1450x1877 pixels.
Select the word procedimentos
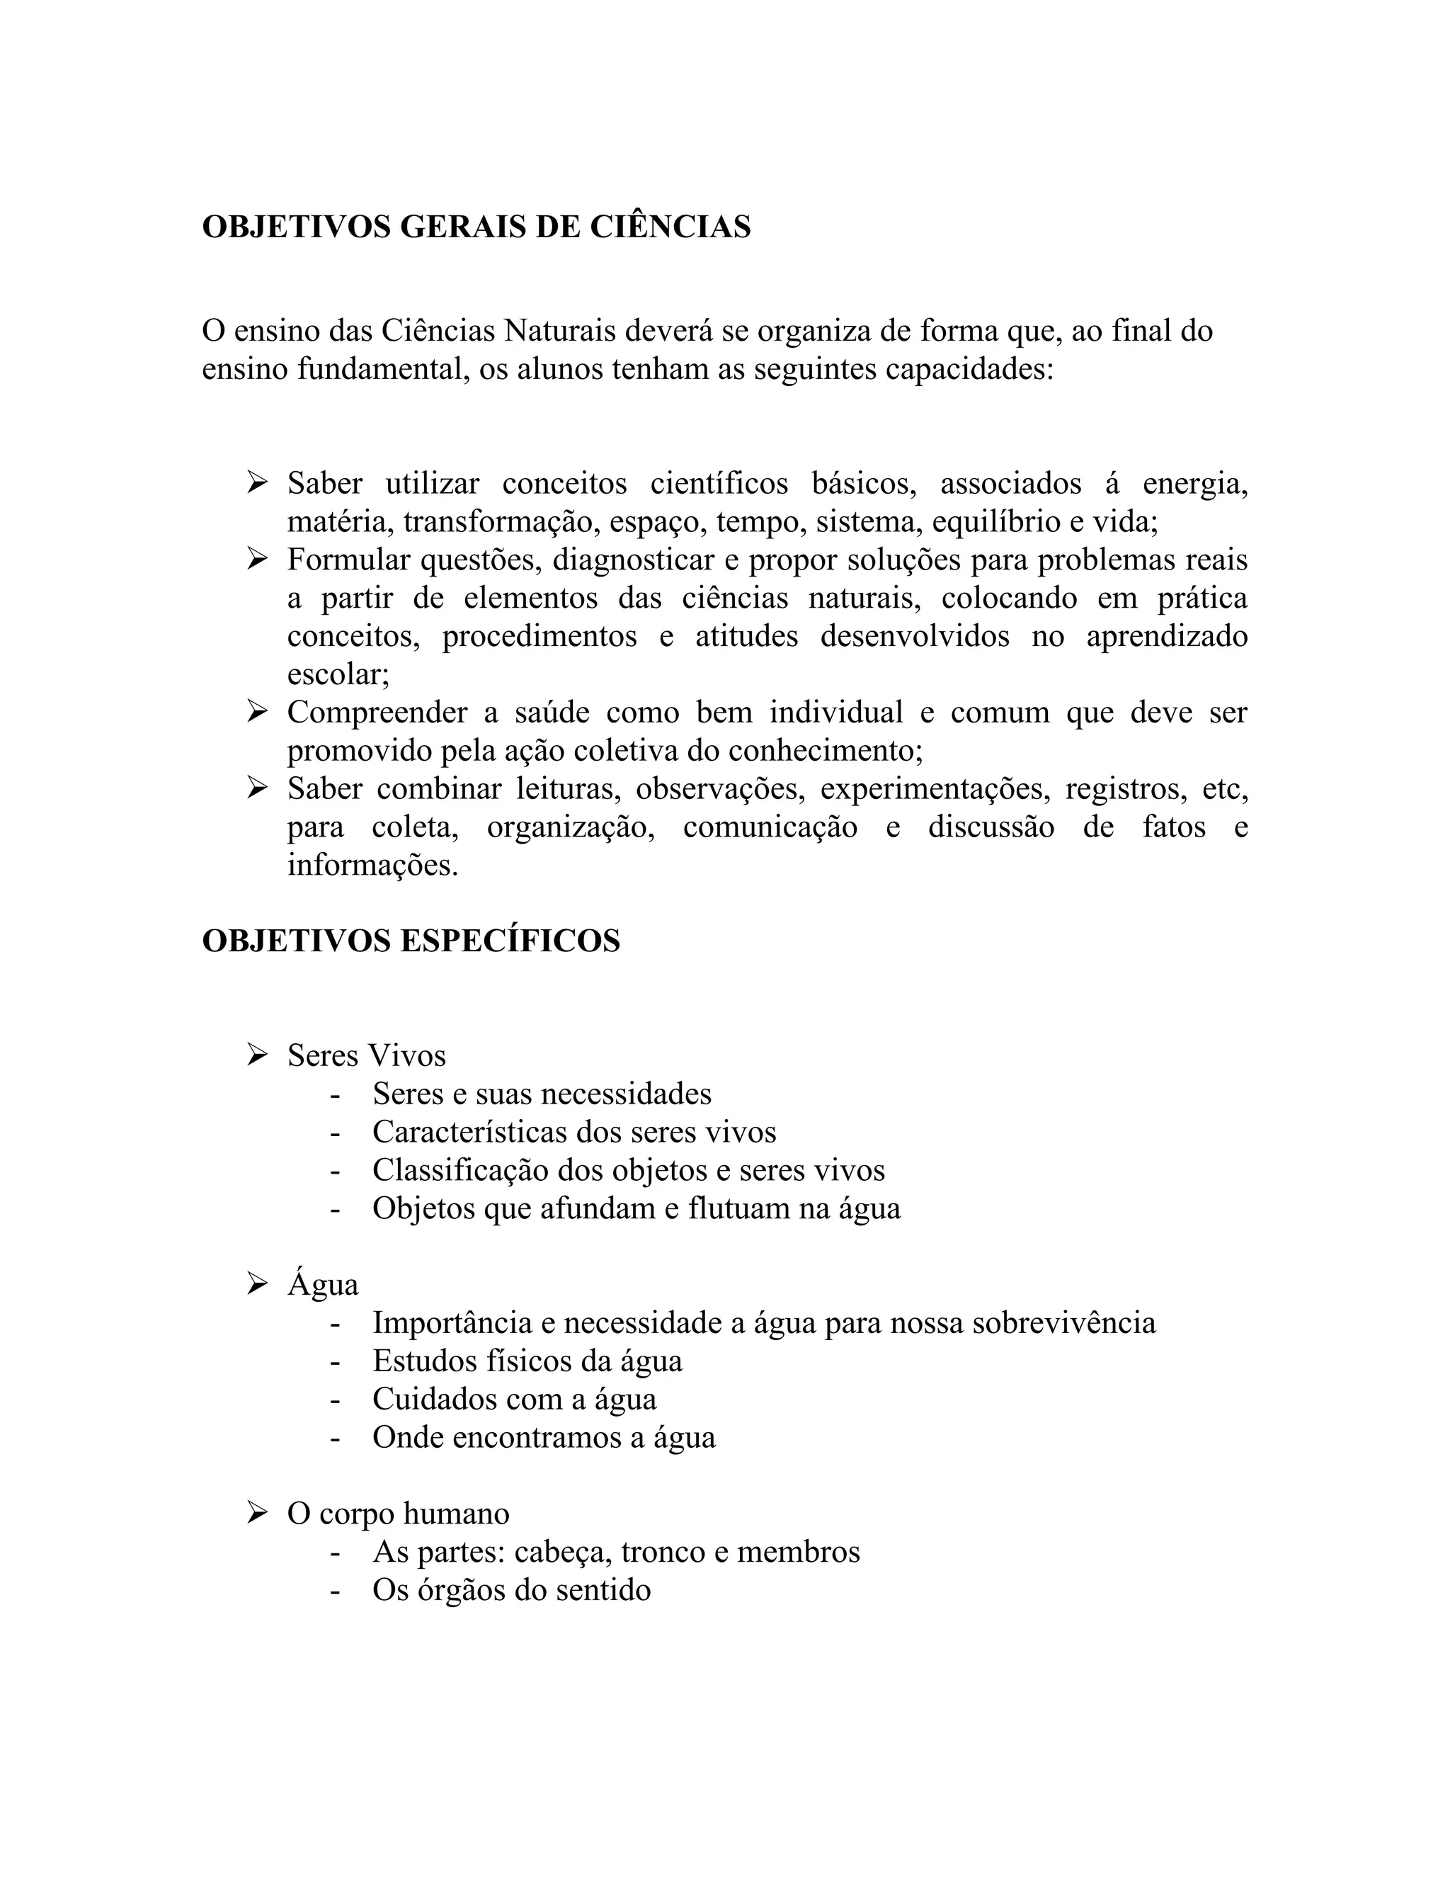(x=540, y=636)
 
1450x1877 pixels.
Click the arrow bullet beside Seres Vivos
(x=257, y=1055)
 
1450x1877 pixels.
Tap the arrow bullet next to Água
(x=257, y=1284)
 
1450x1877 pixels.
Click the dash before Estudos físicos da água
(x=335, y=1361)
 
